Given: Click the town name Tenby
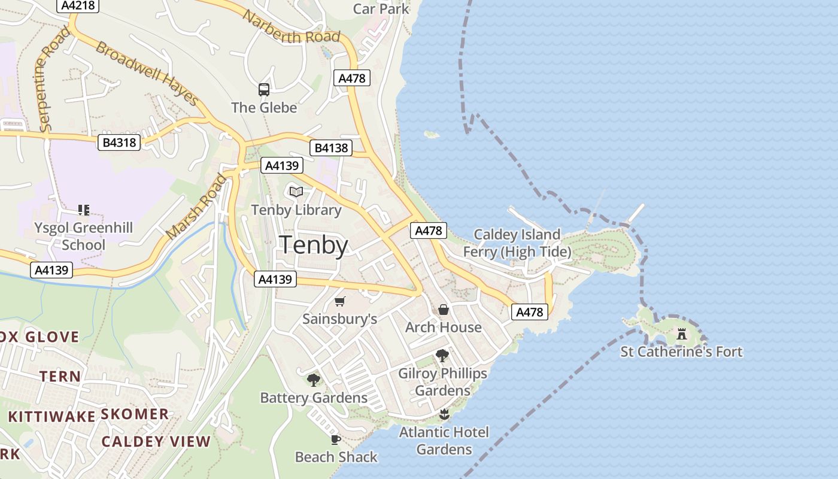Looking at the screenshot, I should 314,245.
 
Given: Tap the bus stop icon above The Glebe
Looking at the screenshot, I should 264,90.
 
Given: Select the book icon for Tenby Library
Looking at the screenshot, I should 296,192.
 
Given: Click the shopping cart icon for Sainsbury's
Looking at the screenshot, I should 340,301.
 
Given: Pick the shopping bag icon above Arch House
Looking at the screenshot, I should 444,310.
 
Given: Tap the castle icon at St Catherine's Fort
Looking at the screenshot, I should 681,334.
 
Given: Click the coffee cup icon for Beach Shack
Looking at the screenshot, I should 336,439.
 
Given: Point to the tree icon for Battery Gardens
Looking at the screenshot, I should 313,380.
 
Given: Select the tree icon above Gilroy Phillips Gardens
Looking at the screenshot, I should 442,356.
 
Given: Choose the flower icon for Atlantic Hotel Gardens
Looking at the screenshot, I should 444,414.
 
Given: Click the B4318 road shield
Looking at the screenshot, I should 119,143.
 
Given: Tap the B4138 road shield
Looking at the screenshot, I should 330,148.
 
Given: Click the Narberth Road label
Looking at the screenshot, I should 291,27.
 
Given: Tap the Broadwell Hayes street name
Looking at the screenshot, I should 146,73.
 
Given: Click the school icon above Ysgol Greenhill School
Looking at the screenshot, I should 83,210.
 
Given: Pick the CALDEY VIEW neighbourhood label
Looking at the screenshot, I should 156,442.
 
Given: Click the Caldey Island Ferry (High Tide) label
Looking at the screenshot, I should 517,242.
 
